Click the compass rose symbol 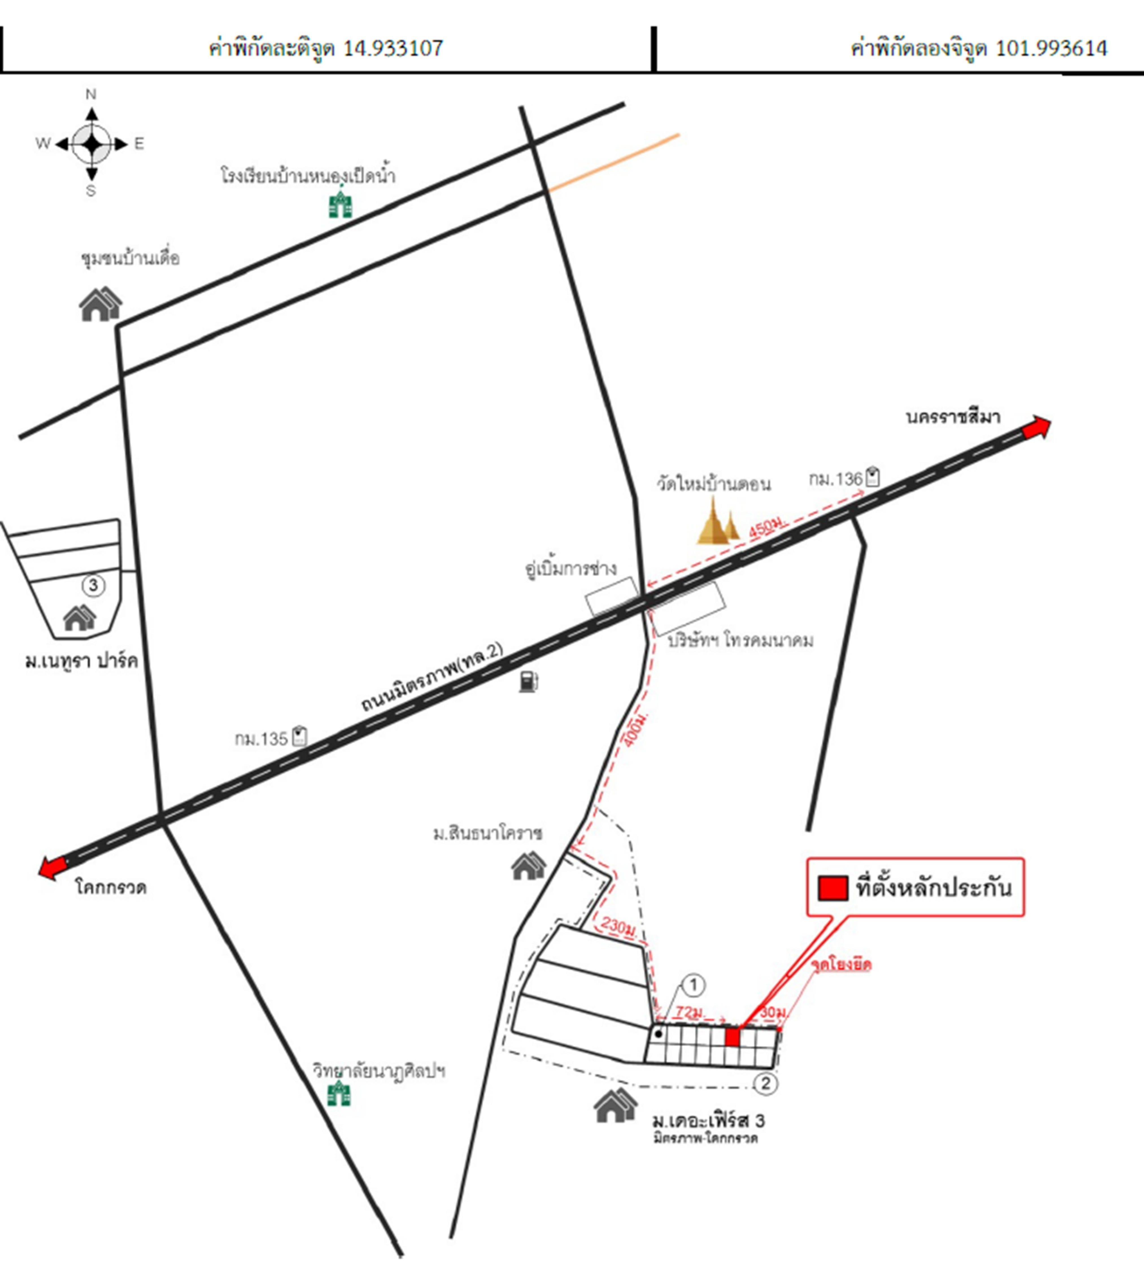[92, 144]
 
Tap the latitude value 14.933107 [393, 48]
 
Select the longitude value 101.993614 [1051, 48]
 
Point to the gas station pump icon [528, 681]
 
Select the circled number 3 [93, 585]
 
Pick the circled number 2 [765, 1083]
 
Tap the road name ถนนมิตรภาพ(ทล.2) [433, 678]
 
